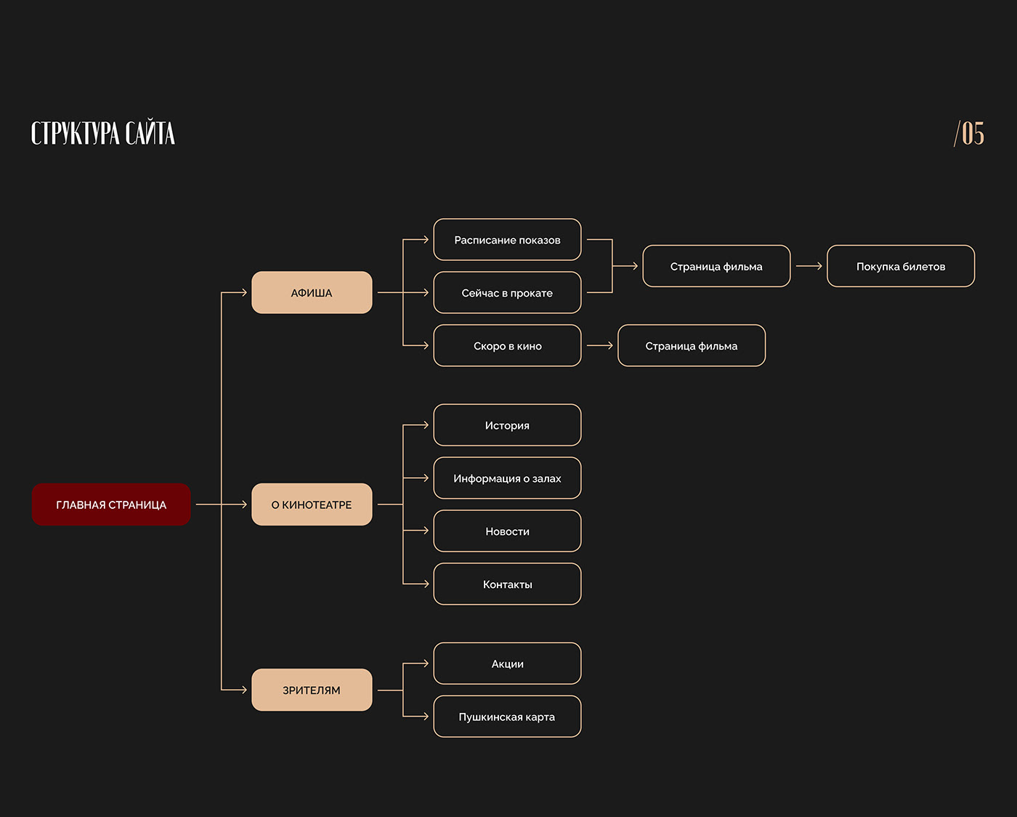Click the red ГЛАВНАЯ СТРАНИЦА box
click(x=111, y=504)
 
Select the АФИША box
click(x=312, y=293)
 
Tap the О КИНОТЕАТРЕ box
click(x=312, y=504)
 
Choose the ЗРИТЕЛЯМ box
click(x=312, y=690)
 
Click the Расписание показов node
click(x=507, y=240)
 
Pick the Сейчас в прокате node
click(x=507, y=293)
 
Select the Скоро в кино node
click(x=507, y=346)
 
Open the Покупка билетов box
click(x=901, y=267)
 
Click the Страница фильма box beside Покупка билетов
click(x=716, y=267)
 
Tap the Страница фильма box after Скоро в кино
click(x=692, y=346)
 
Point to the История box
click(x=507, y=425)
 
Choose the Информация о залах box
click(x=507, y=478)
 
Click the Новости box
click(x=507, y=531)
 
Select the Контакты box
click(x=507, y=584)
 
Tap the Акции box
click(x=507, y=664)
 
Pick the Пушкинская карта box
click(x=507, y=717)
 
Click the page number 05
click(x=973, y=134)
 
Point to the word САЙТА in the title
click(x=150, y=134)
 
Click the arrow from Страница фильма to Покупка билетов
click(x=809, y=267)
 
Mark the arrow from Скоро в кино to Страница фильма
click(x=599, y=346)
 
